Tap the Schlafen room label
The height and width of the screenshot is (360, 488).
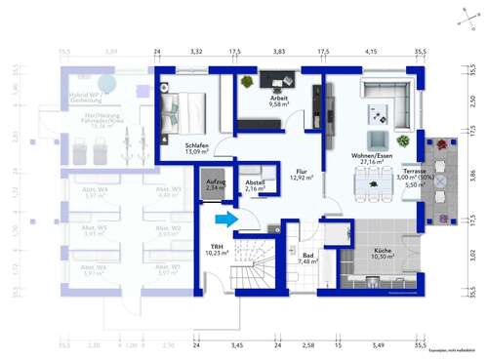pos(197,148)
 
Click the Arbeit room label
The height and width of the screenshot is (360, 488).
pos(280,100)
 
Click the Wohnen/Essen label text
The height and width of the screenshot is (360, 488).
pos(376,158)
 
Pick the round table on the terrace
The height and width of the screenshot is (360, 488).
pos(440,180)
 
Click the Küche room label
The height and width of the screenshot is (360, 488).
pos(382,250)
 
